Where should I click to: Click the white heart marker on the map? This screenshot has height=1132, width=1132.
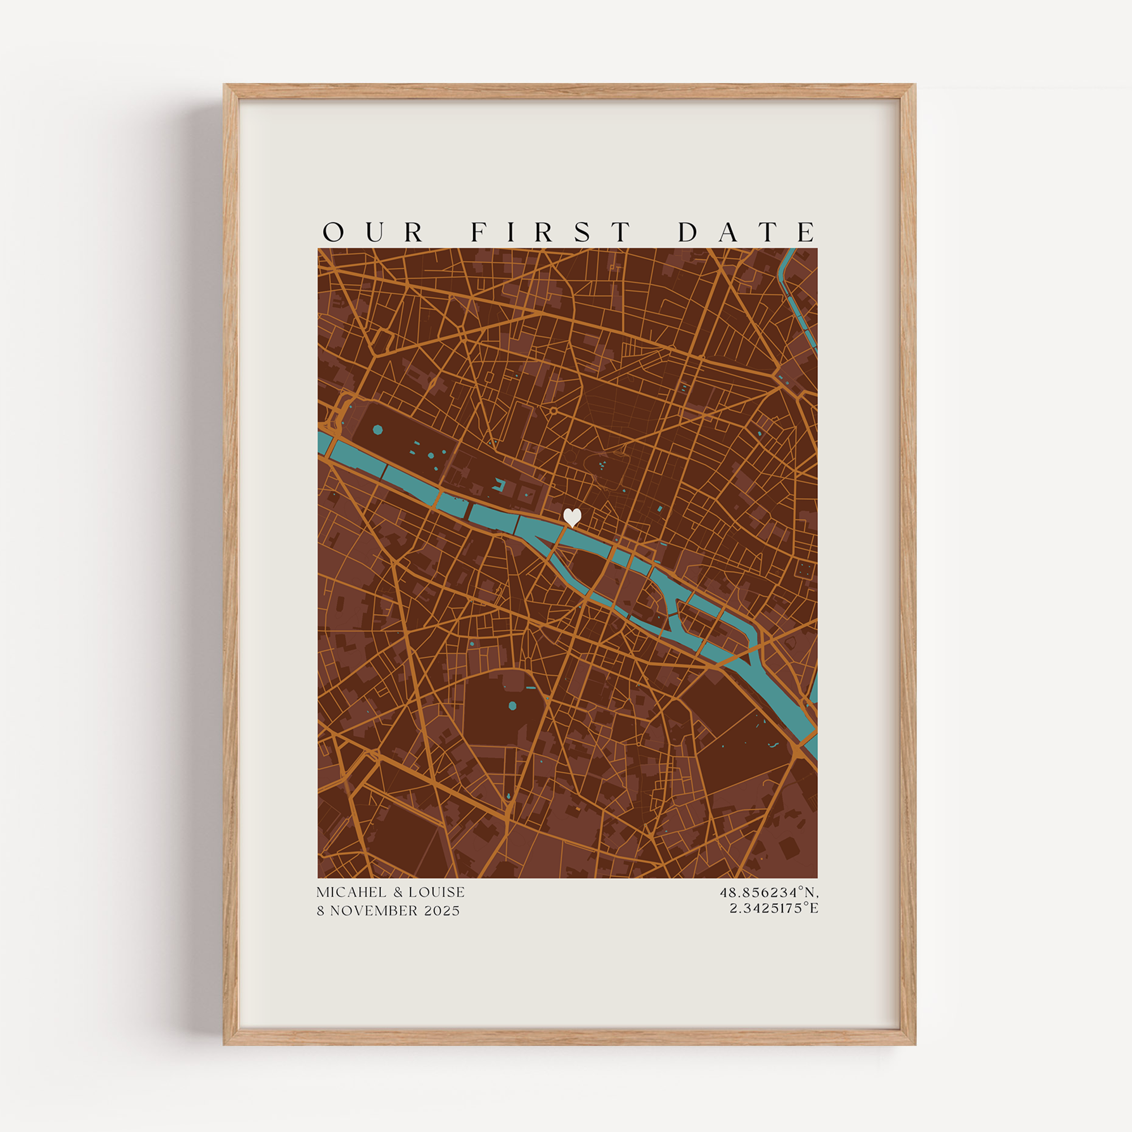(x=572, y=516)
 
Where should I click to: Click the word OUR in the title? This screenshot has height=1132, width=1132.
(x=373, y=233)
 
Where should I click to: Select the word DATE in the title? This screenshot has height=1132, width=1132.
(x=747, y=233)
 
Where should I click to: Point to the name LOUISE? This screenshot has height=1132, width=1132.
(x=436, y=893)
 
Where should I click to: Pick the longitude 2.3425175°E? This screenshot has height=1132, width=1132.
(x=773, y=909)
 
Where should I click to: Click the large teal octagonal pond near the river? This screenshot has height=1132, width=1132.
(x=378, y=430)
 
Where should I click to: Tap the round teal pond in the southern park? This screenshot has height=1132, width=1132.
(x=513, y=705)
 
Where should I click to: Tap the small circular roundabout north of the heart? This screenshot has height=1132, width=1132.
(x=553, y=411)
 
